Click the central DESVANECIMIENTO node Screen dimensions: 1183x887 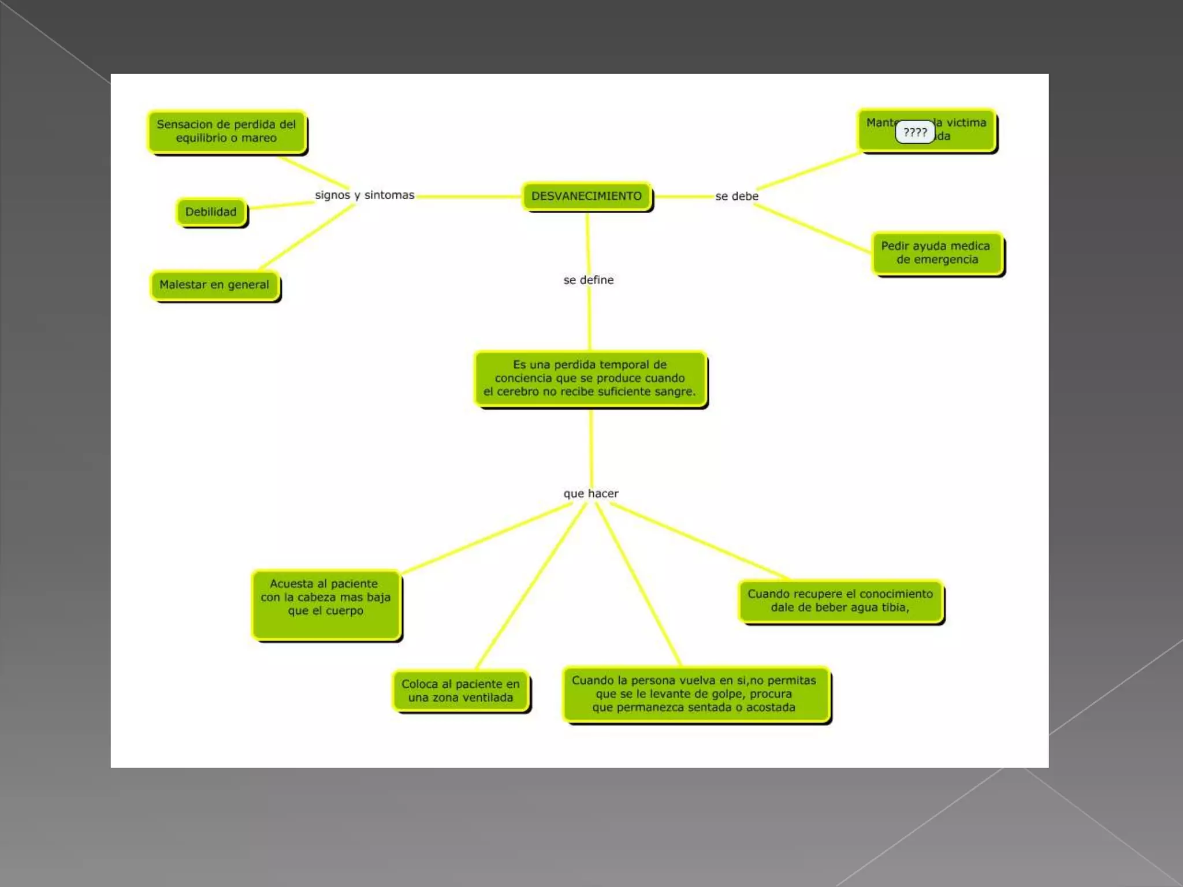tap(586, 196)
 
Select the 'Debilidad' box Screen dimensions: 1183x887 tap(211, 212)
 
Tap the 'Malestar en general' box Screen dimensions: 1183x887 tap(214, 285)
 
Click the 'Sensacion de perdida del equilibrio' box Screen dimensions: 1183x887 tap(226, 132)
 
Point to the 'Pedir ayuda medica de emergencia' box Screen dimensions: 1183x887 tap(936, 253)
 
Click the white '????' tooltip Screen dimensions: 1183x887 tap(915, 132)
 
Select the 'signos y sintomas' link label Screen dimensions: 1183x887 tap(364, 195)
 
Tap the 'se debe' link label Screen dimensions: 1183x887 tap(736, 196)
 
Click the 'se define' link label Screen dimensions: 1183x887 tap(589, 280)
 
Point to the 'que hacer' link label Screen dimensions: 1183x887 tap(591, 494)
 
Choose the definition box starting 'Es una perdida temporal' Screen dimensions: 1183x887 tap(590, 378)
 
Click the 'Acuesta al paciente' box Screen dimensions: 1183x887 tap(326, 603)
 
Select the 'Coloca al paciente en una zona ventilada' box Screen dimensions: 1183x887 tap(460, 691)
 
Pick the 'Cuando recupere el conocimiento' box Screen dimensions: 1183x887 tap(840, 601)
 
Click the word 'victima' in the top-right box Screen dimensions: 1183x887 tap(966, 122)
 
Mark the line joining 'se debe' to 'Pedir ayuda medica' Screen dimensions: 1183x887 tap(812, 228)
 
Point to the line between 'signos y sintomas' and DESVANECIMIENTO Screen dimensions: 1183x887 tap(468, 196)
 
